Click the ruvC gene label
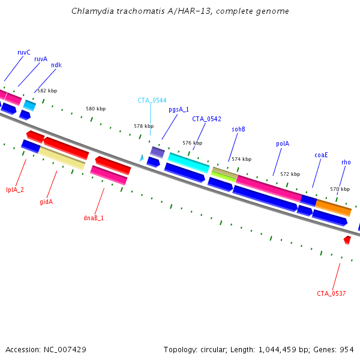pos(24,52)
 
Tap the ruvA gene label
pos(41,59)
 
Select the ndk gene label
pos(56,65)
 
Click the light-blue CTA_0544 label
pos(152,100)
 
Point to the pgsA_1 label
pos(179,109)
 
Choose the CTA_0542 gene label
pos(206,119)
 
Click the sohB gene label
pos(238,129)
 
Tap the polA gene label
pos(283,143)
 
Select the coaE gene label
pos(321,154)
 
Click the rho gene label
pos(346,162)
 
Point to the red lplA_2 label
pos(15,190)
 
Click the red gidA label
pos(46,202)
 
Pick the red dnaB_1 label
pos(94,218)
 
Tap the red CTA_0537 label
pos(331,293)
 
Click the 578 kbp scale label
pos(143,126)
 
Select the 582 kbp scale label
pos(47,91)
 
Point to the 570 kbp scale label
pos(340,189)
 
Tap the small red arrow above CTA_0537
pos(347,239)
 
